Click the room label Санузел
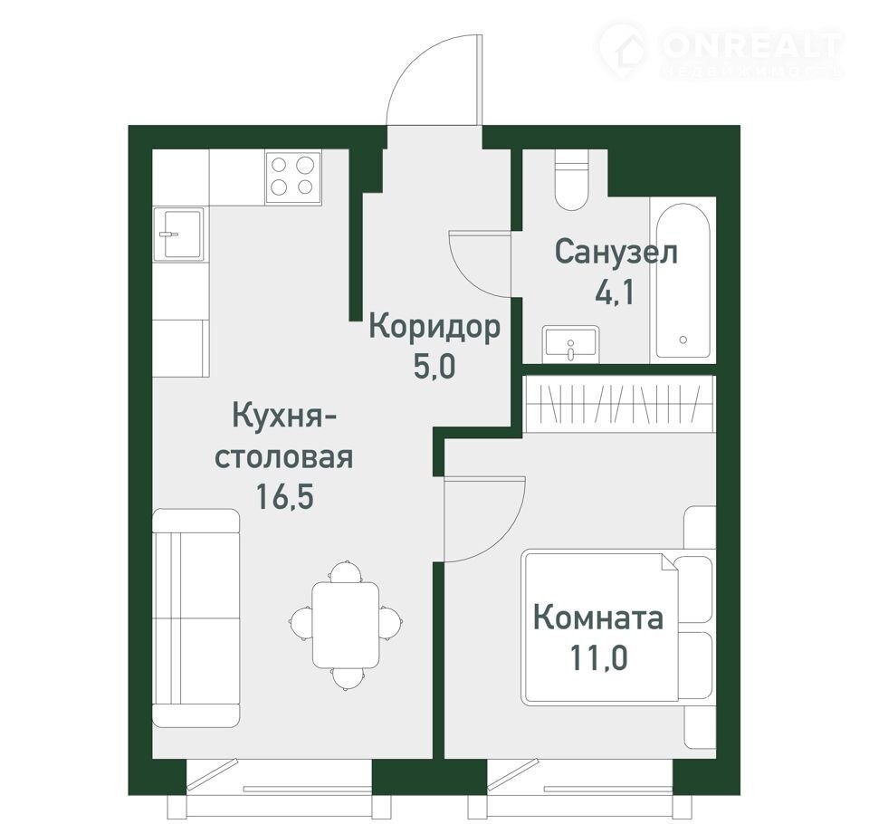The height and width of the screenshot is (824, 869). (616, 253)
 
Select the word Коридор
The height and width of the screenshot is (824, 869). (434, 327)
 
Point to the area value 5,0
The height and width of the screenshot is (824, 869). (434, 366)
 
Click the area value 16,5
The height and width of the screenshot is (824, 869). (284, 496)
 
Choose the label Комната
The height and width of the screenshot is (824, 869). (598, 618)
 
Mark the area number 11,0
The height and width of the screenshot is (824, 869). (598, 657)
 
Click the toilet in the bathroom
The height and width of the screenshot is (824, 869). (571, 179)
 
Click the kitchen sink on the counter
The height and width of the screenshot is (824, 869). (178, 234)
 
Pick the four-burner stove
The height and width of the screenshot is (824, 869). (293, 177)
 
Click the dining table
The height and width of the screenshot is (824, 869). (345, 625)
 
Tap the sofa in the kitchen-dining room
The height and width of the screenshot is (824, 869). (196, 618)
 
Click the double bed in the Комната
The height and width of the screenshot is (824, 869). (599, 626)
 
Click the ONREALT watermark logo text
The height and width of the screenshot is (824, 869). (751, 46)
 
